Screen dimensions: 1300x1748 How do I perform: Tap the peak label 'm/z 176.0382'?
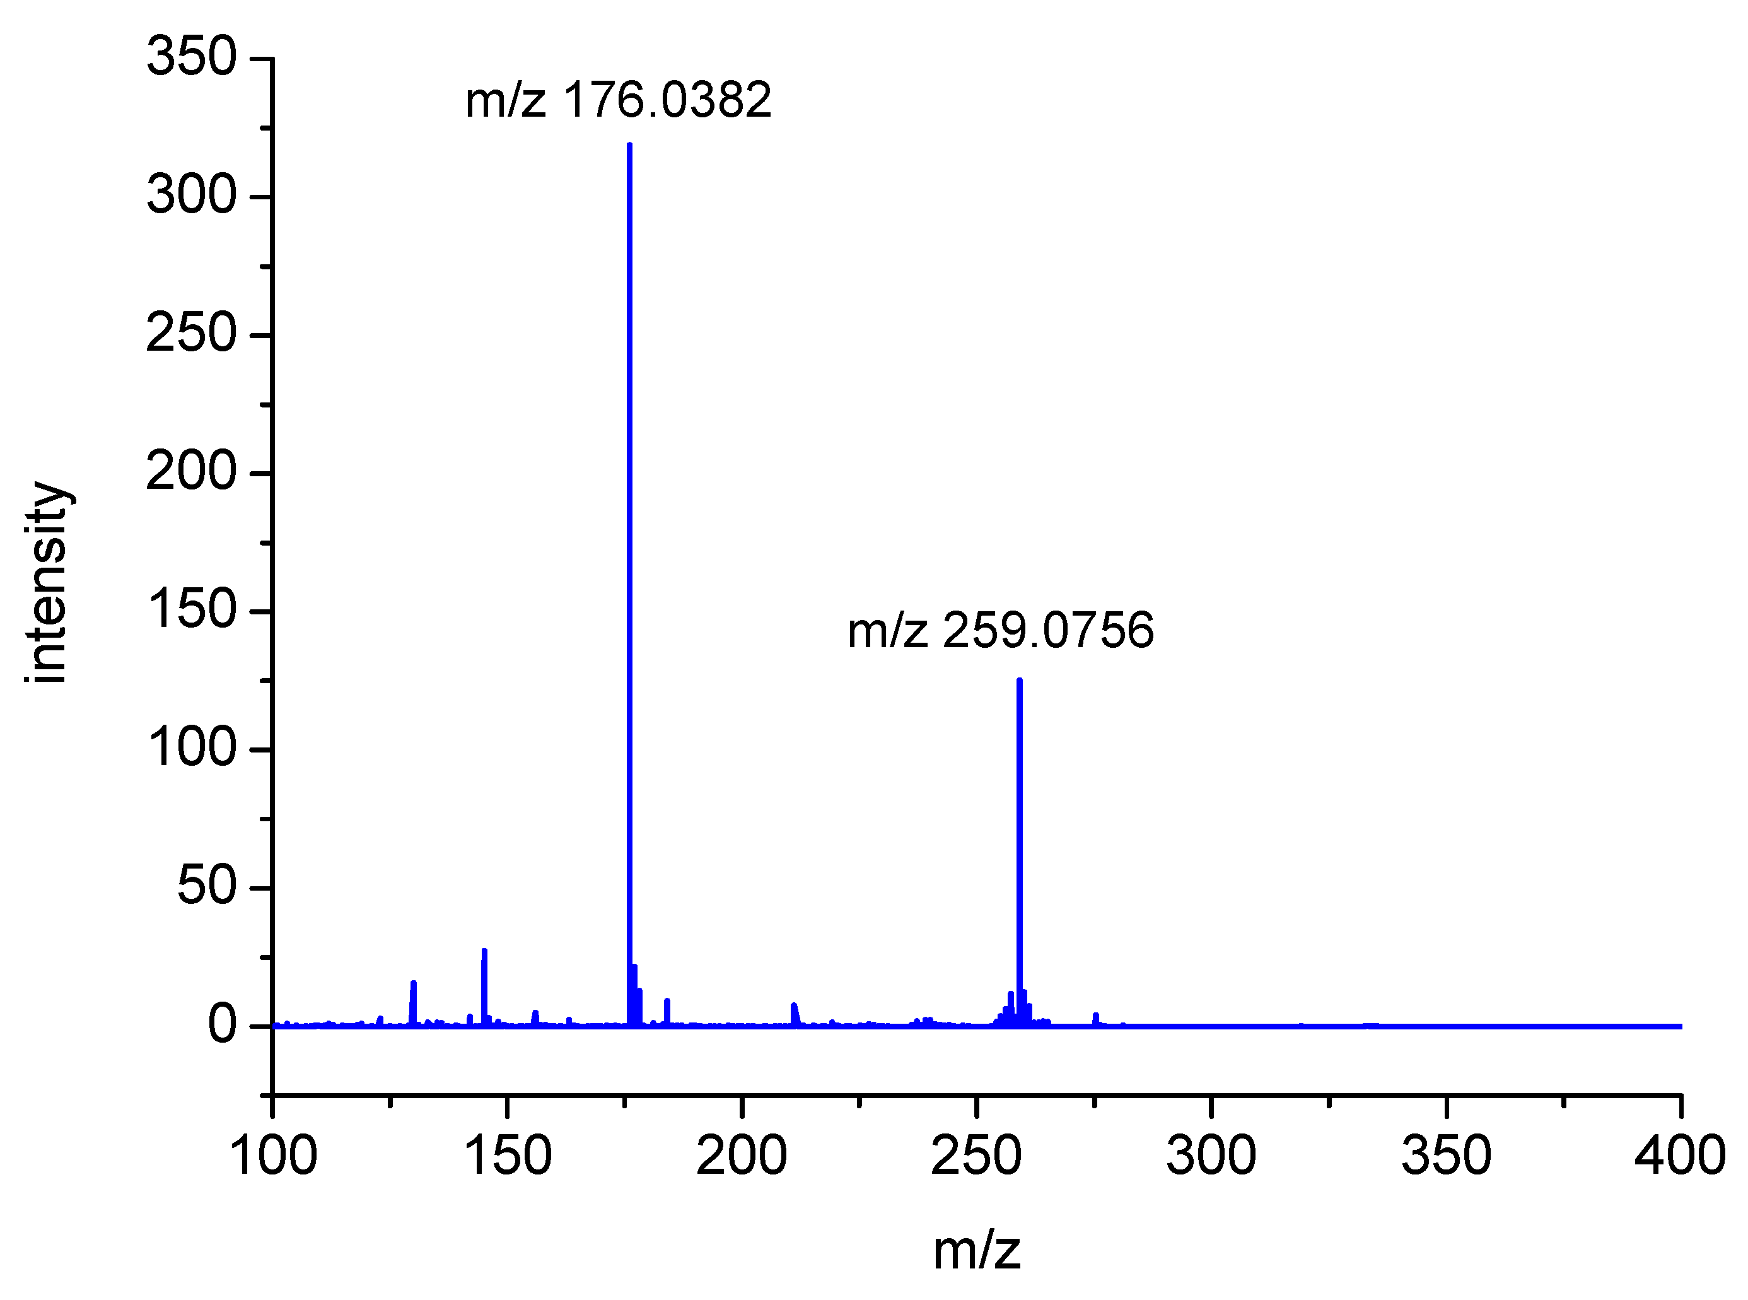coord(619,101)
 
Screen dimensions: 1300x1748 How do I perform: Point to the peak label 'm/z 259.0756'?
coord(1001,630)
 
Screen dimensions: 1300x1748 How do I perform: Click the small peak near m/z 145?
coord(484,983)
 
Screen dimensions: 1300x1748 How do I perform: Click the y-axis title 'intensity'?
coord(47,582)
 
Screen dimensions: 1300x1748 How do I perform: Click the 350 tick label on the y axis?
coord(191,57)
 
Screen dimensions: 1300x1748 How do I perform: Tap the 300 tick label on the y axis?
coord(191,196)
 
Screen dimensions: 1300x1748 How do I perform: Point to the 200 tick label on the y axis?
coord(191,473)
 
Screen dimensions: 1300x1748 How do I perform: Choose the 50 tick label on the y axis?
coord(206,887)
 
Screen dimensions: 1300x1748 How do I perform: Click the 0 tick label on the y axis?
coord(221,1026)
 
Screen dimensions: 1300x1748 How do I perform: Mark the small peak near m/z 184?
coord(667,1010)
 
